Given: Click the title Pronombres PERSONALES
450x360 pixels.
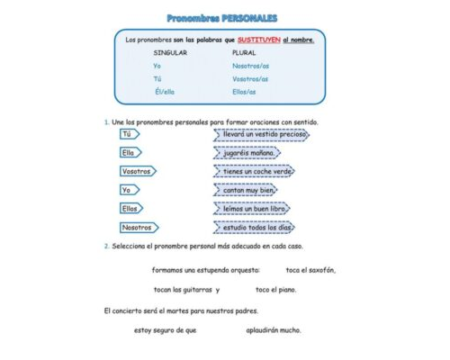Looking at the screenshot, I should (x=222, y=18).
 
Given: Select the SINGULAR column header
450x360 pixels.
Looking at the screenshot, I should (x=170, y=53).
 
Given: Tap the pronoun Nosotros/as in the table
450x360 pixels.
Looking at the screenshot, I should (x=250, y=67).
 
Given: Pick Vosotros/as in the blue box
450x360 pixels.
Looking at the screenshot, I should (x=250, y=79).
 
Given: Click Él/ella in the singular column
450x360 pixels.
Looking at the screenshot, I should (x=166, y=92).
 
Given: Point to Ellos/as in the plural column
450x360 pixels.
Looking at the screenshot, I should (x=244, y=92).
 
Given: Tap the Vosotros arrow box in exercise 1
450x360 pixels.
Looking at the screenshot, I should (x=138, y=171).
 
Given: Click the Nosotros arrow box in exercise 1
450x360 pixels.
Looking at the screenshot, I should (x=139, y=228).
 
